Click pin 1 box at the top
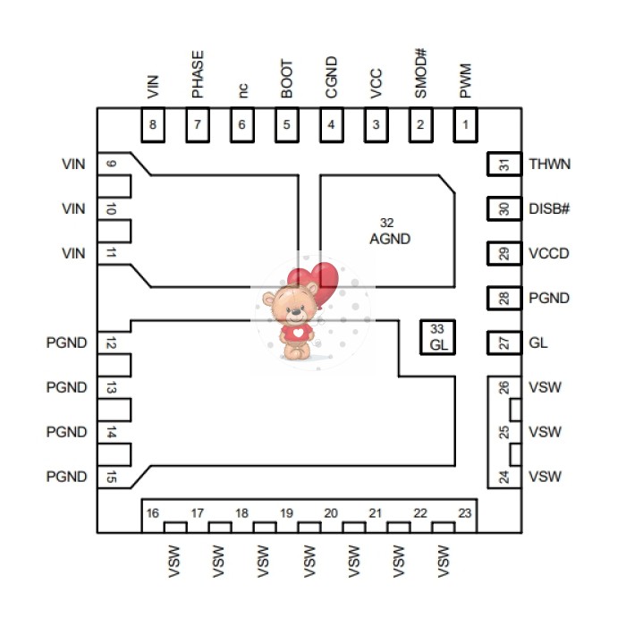coord(465,125)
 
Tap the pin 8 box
coord(153,125)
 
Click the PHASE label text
coord(197,73)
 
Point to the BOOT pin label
coord(286,79)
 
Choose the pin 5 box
coord(286,125)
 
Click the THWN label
coord(549,165)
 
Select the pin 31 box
coord(503,165)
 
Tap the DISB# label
coord(549,209)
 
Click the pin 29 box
coord(503,254)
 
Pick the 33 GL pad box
coord(437,337)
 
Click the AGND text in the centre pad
coord(390,239)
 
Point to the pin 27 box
coord(503,343)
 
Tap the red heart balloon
coord(322,280)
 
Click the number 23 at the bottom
coord(465,513)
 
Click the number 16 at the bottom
coord(153,513)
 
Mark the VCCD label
coord(548,254)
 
